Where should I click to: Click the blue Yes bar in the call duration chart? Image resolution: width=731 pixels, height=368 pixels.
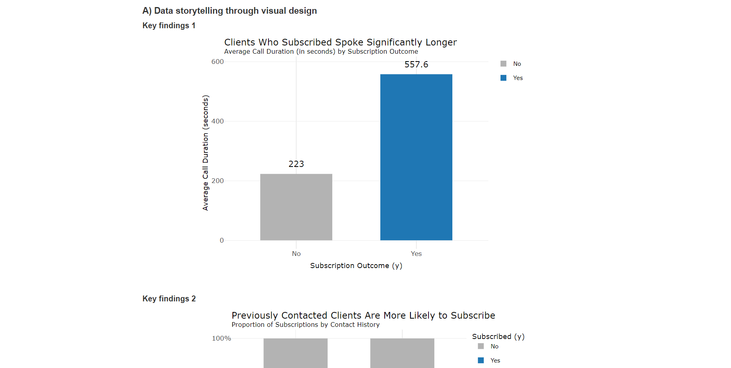(x=416, y=157)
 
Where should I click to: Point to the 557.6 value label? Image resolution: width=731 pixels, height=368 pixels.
(x=416, y=65)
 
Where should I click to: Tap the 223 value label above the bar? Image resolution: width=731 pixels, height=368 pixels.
(x=296, y=164)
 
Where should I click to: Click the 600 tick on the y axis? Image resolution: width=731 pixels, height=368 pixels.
(x=218, y=62)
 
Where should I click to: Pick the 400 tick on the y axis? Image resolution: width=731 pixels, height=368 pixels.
(x=218, y=121)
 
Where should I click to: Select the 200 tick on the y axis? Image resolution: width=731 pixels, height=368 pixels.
(x=218, y=181)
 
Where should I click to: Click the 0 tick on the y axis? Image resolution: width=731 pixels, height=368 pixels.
(x=221, y=241)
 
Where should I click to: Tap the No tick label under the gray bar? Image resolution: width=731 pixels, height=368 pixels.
(x=296, y=254)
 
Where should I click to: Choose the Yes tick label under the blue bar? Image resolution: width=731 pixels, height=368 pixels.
(x=416, y=254)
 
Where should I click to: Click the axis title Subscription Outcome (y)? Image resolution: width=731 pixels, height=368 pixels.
(x=356, y=266)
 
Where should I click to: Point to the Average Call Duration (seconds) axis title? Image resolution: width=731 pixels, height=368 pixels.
(x=205, y=153)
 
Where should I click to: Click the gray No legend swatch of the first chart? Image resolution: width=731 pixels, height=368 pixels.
(x=503, y=64)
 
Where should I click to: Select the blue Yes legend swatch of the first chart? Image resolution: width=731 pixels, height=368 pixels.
(x=503, y=78)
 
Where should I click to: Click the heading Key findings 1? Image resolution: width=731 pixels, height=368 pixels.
(x=169, y=26)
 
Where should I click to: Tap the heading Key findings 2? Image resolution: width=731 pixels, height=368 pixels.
(x=169, y=299)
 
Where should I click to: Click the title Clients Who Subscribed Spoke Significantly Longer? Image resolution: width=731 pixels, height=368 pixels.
(x=340, y=42)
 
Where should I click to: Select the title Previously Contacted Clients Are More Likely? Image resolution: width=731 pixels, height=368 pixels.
(x=363, y=315)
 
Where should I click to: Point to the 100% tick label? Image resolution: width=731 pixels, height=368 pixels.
(x=221, y=339)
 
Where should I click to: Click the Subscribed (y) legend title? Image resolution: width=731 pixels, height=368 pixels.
(x=498, y=337)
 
